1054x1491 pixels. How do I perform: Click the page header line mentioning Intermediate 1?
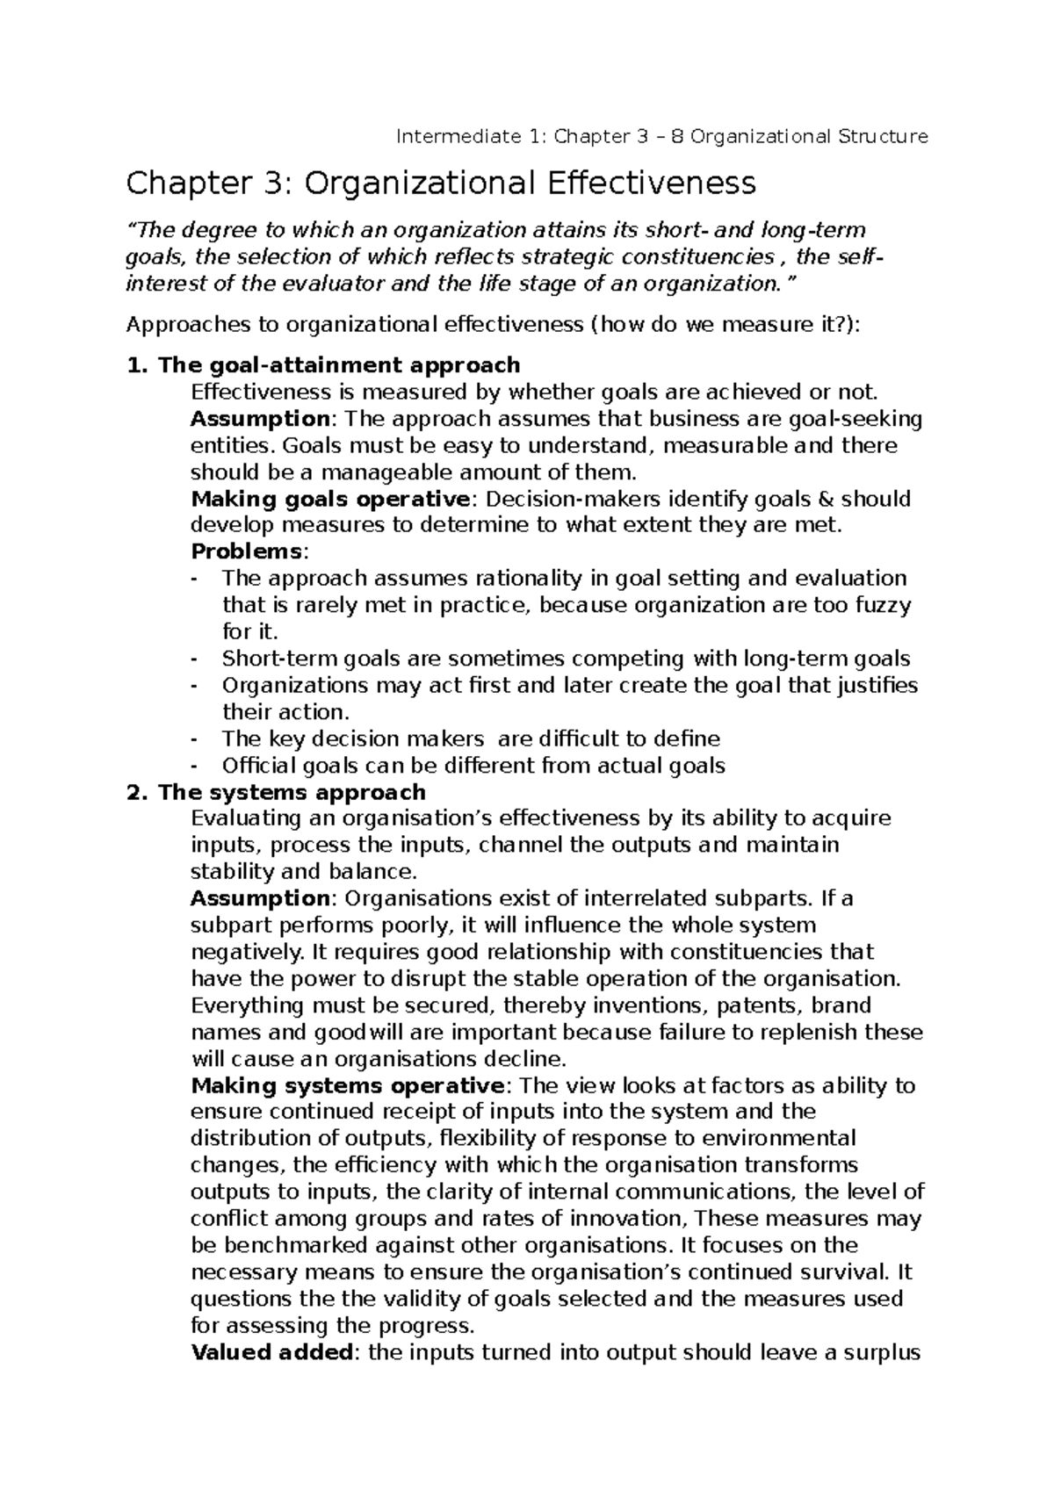tap(662, 137)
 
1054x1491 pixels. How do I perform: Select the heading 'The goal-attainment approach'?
tap(338, 364)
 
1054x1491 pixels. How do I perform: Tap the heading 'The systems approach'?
tap(292, 792)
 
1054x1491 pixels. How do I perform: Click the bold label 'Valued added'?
tap(271, 1352)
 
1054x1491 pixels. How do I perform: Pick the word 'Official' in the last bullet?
tap(256, 766)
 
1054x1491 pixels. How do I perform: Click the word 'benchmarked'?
tap(295, 1246)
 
